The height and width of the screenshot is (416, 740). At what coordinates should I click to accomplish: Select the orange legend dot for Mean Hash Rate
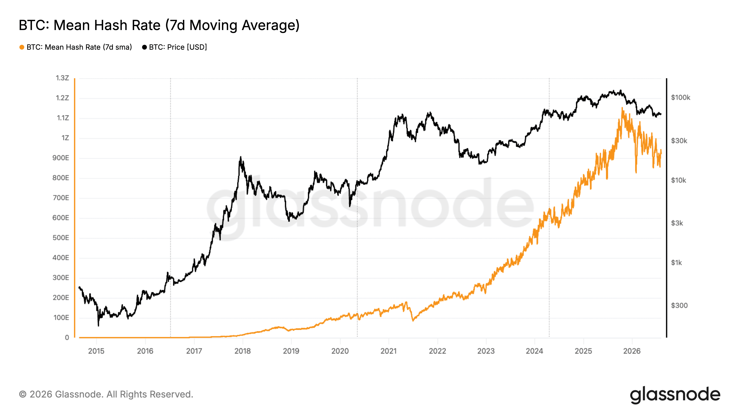(22, 47)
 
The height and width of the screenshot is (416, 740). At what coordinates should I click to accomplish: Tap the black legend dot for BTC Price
(145, 47)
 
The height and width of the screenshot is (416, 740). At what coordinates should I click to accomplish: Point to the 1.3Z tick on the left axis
(62, 78)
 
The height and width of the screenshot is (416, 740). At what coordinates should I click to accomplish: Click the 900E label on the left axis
(61, 158)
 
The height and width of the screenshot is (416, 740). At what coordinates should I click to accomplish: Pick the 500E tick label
(61, 238)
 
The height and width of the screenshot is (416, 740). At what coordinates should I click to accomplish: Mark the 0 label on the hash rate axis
(67, 338)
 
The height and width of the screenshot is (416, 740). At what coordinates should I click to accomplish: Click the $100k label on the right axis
(681, 98)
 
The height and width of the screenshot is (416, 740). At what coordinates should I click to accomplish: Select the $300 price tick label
(679, 306)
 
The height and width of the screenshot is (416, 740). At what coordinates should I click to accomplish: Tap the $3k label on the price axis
(677, 223)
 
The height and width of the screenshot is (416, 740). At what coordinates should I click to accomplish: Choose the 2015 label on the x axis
(96, 351)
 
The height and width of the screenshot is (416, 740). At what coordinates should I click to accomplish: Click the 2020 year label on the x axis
(340, 351)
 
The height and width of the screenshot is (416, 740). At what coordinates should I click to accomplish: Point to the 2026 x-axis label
(632, 351)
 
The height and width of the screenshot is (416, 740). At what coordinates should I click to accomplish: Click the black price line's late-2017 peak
(240, 157)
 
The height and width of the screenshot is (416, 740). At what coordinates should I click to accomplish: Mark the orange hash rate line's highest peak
(622, 108)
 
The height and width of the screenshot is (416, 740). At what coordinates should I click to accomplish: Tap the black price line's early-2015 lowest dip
(98, 326)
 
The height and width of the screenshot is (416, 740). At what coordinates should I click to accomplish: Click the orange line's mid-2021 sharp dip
(413, 320)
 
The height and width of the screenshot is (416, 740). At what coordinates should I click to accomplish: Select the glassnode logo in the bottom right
(675, 395)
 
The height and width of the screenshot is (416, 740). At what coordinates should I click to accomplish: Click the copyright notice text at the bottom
(106, 395)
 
